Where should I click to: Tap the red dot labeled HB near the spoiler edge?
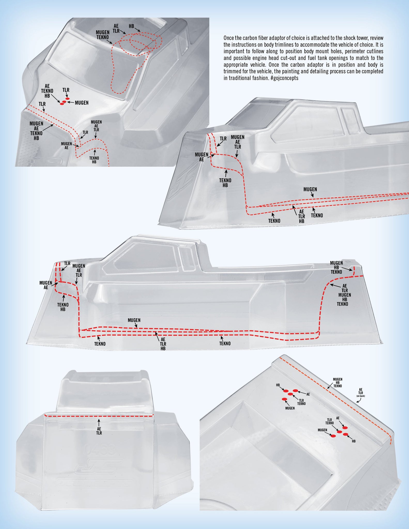pyautogui.click(x=345, y=435)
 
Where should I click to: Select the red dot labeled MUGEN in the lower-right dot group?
pyautogui.click(x=333, y=436)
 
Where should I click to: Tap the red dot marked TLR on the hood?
pyautogui.click(x=68, y=99)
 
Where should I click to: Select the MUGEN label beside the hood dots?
pyautogui.click(x=82, y=103)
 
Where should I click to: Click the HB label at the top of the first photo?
pyautogui.click(x=132, y=26)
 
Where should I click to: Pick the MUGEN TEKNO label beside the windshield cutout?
pyautogui.click(x=103, y=35)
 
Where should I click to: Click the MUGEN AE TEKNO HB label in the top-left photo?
pyautogui.click(x=36, y=131)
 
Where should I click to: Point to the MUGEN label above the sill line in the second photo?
pyautogui.click(x=310, y=189)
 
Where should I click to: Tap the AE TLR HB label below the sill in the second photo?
pyautogui.click(x=302, y=216)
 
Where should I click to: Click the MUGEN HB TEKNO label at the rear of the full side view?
pyautogui.click(x=336, y=267)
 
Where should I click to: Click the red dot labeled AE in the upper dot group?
pyautogui.click(x=295, y=391)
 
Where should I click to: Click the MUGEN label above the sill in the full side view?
pyautogui.click(x=134, y=320)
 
